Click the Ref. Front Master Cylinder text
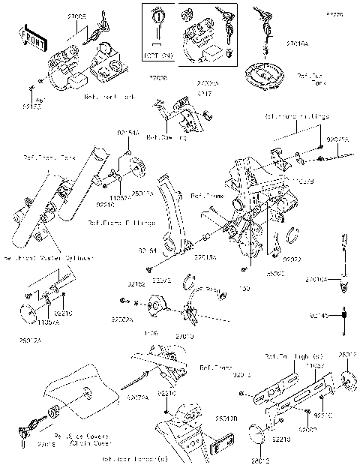(x=46, y=258)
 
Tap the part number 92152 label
(x=136, y=285)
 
